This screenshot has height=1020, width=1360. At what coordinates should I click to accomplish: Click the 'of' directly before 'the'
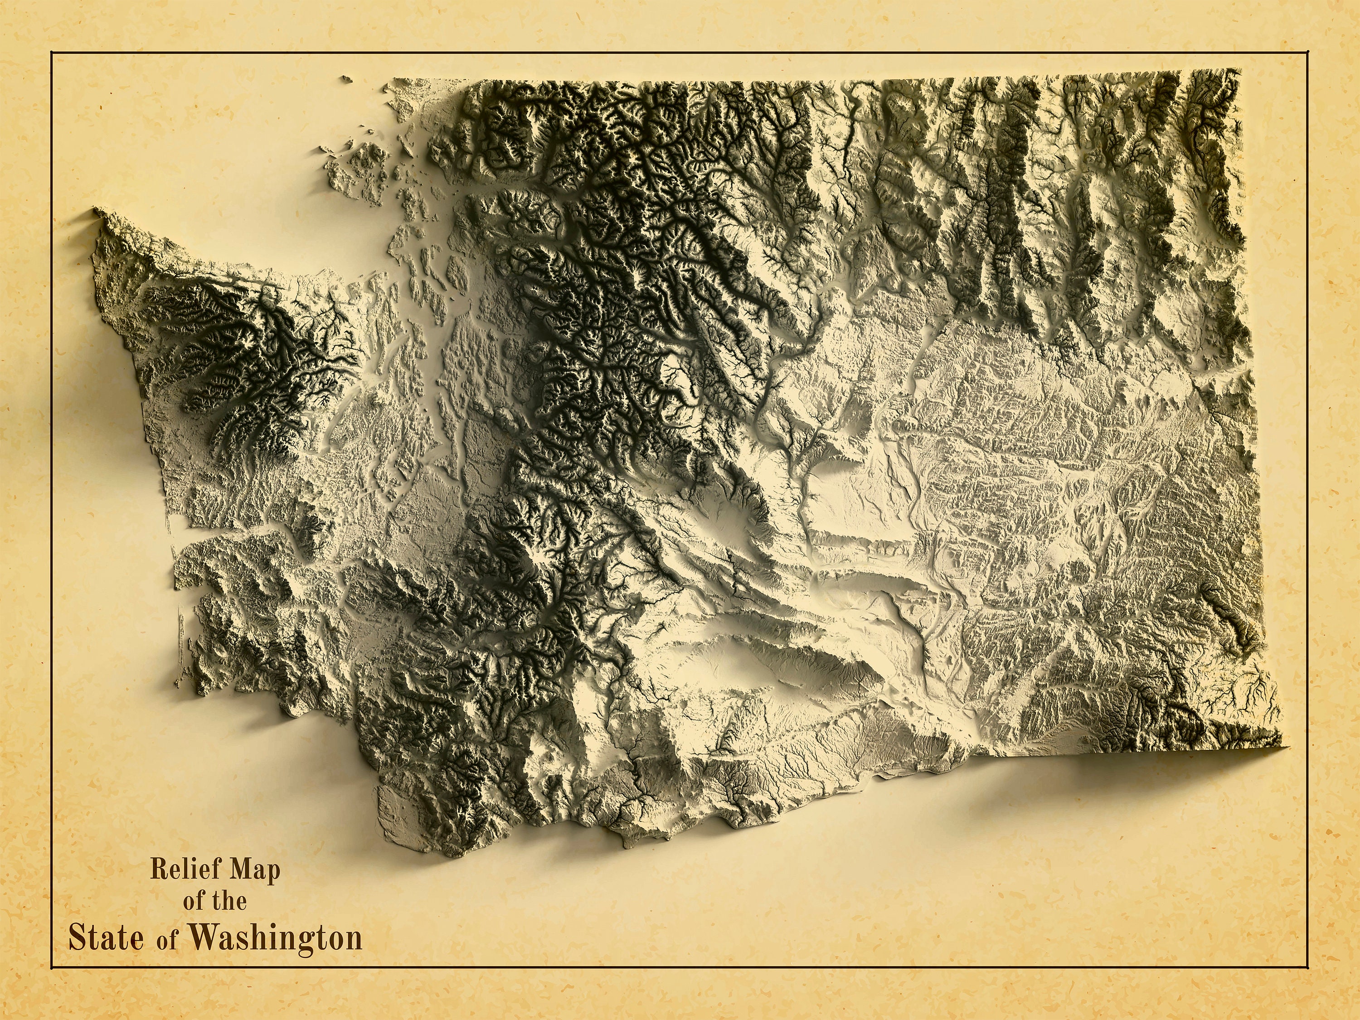[194, 901]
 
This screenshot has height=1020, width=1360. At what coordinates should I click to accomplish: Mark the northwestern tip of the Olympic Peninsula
[97, 211]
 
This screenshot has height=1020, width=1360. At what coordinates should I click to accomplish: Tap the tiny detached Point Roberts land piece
[346, 79]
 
